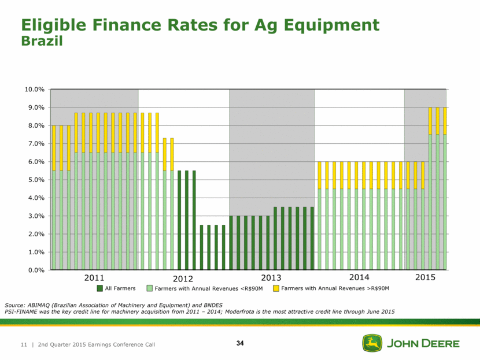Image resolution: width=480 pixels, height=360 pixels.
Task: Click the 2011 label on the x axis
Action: coord(94,279)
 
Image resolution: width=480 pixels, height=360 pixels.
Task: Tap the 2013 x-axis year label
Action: coord(271,279)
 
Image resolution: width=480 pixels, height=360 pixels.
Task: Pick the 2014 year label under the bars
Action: coord(359,279)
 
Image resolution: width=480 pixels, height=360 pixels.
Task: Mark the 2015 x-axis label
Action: coord(425,279)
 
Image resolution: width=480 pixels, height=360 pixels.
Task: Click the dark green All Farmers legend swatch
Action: coord(100,288)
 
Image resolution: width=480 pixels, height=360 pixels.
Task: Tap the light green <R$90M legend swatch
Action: coord(149,288)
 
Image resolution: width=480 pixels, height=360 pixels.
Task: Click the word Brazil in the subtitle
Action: coord(42,42)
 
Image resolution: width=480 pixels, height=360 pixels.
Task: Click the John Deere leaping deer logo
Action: coord(372,343)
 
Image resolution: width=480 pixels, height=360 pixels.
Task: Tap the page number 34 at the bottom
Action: coord(240,344)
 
